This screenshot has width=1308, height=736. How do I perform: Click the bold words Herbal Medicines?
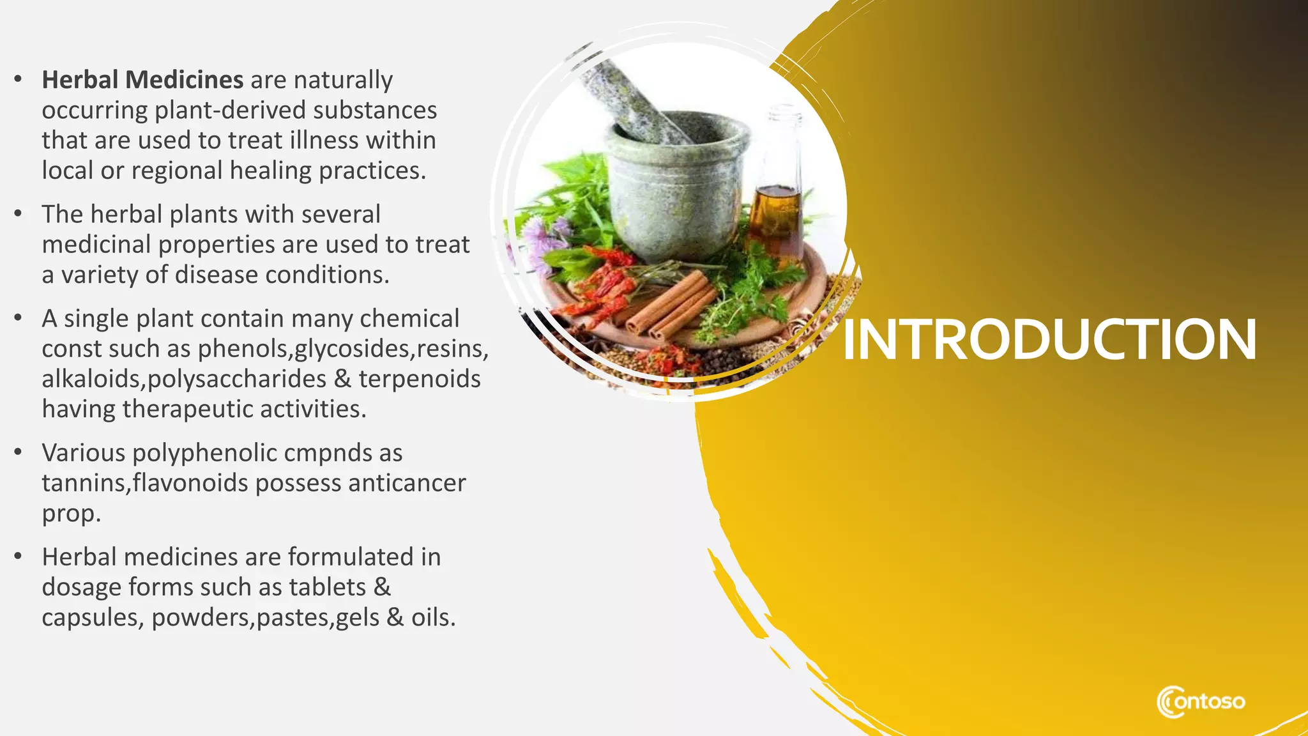tap(142, 80)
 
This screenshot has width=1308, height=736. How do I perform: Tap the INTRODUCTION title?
tap(1049, 340)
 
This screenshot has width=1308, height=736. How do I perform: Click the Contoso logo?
tap(1200, 701)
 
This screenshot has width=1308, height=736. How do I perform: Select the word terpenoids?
tap(419, 379)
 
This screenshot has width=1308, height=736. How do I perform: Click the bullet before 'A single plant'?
tap(19, 318)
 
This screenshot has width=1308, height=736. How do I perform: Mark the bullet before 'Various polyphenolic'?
tap(19, 452)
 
